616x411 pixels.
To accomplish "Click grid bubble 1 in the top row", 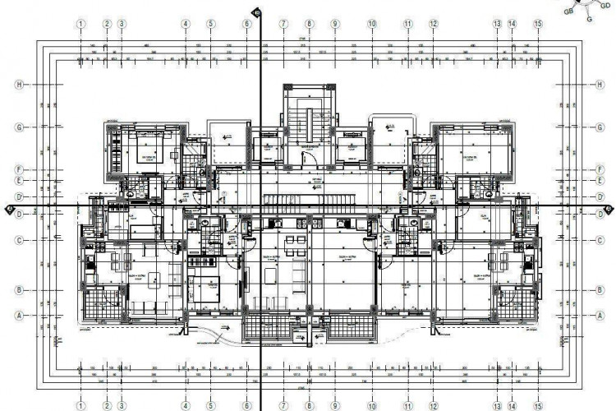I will [x=81, y=25].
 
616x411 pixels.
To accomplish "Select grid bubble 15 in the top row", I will [x=538, y=25].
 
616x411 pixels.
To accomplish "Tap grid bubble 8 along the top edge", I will [x=309, y=25].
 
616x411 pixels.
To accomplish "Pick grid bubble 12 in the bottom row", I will [x=433, y=405].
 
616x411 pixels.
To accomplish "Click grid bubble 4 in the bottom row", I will [x=186, y=405].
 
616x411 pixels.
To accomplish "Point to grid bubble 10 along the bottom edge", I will [x=372, y=405].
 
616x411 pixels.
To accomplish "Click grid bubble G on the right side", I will [x=600, y=127].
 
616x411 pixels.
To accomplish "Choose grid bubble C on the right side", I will [x=600, y=240].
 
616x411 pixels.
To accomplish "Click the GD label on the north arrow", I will [x=605, y=6].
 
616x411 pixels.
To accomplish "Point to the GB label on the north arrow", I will [x=568, y=12].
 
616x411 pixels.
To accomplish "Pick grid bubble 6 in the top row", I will [x=246, y=25].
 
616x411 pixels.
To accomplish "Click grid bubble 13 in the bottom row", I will [x=497, y=405].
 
